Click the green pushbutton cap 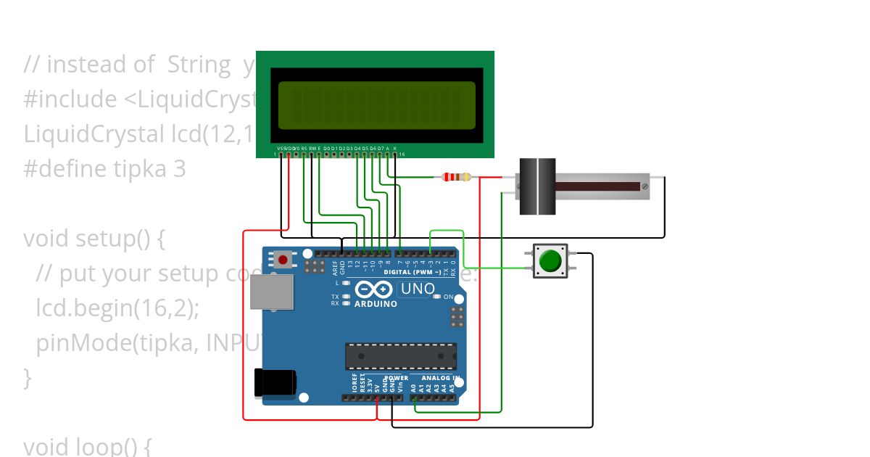pos(551,260)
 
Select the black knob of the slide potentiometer pos(537,186)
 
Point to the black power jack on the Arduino pos(275,382)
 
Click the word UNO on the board pos(418,290)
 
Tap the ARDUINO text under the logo pos(376,304)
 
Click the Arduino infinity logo pos(374,290)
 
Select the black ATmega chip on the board pos(401,355)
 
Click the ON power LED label pos(448,297)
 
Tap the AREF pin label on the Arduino pos(335,268)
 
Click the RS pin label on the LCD pos(304,148)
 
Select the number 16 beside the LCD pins pos(402,155)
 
